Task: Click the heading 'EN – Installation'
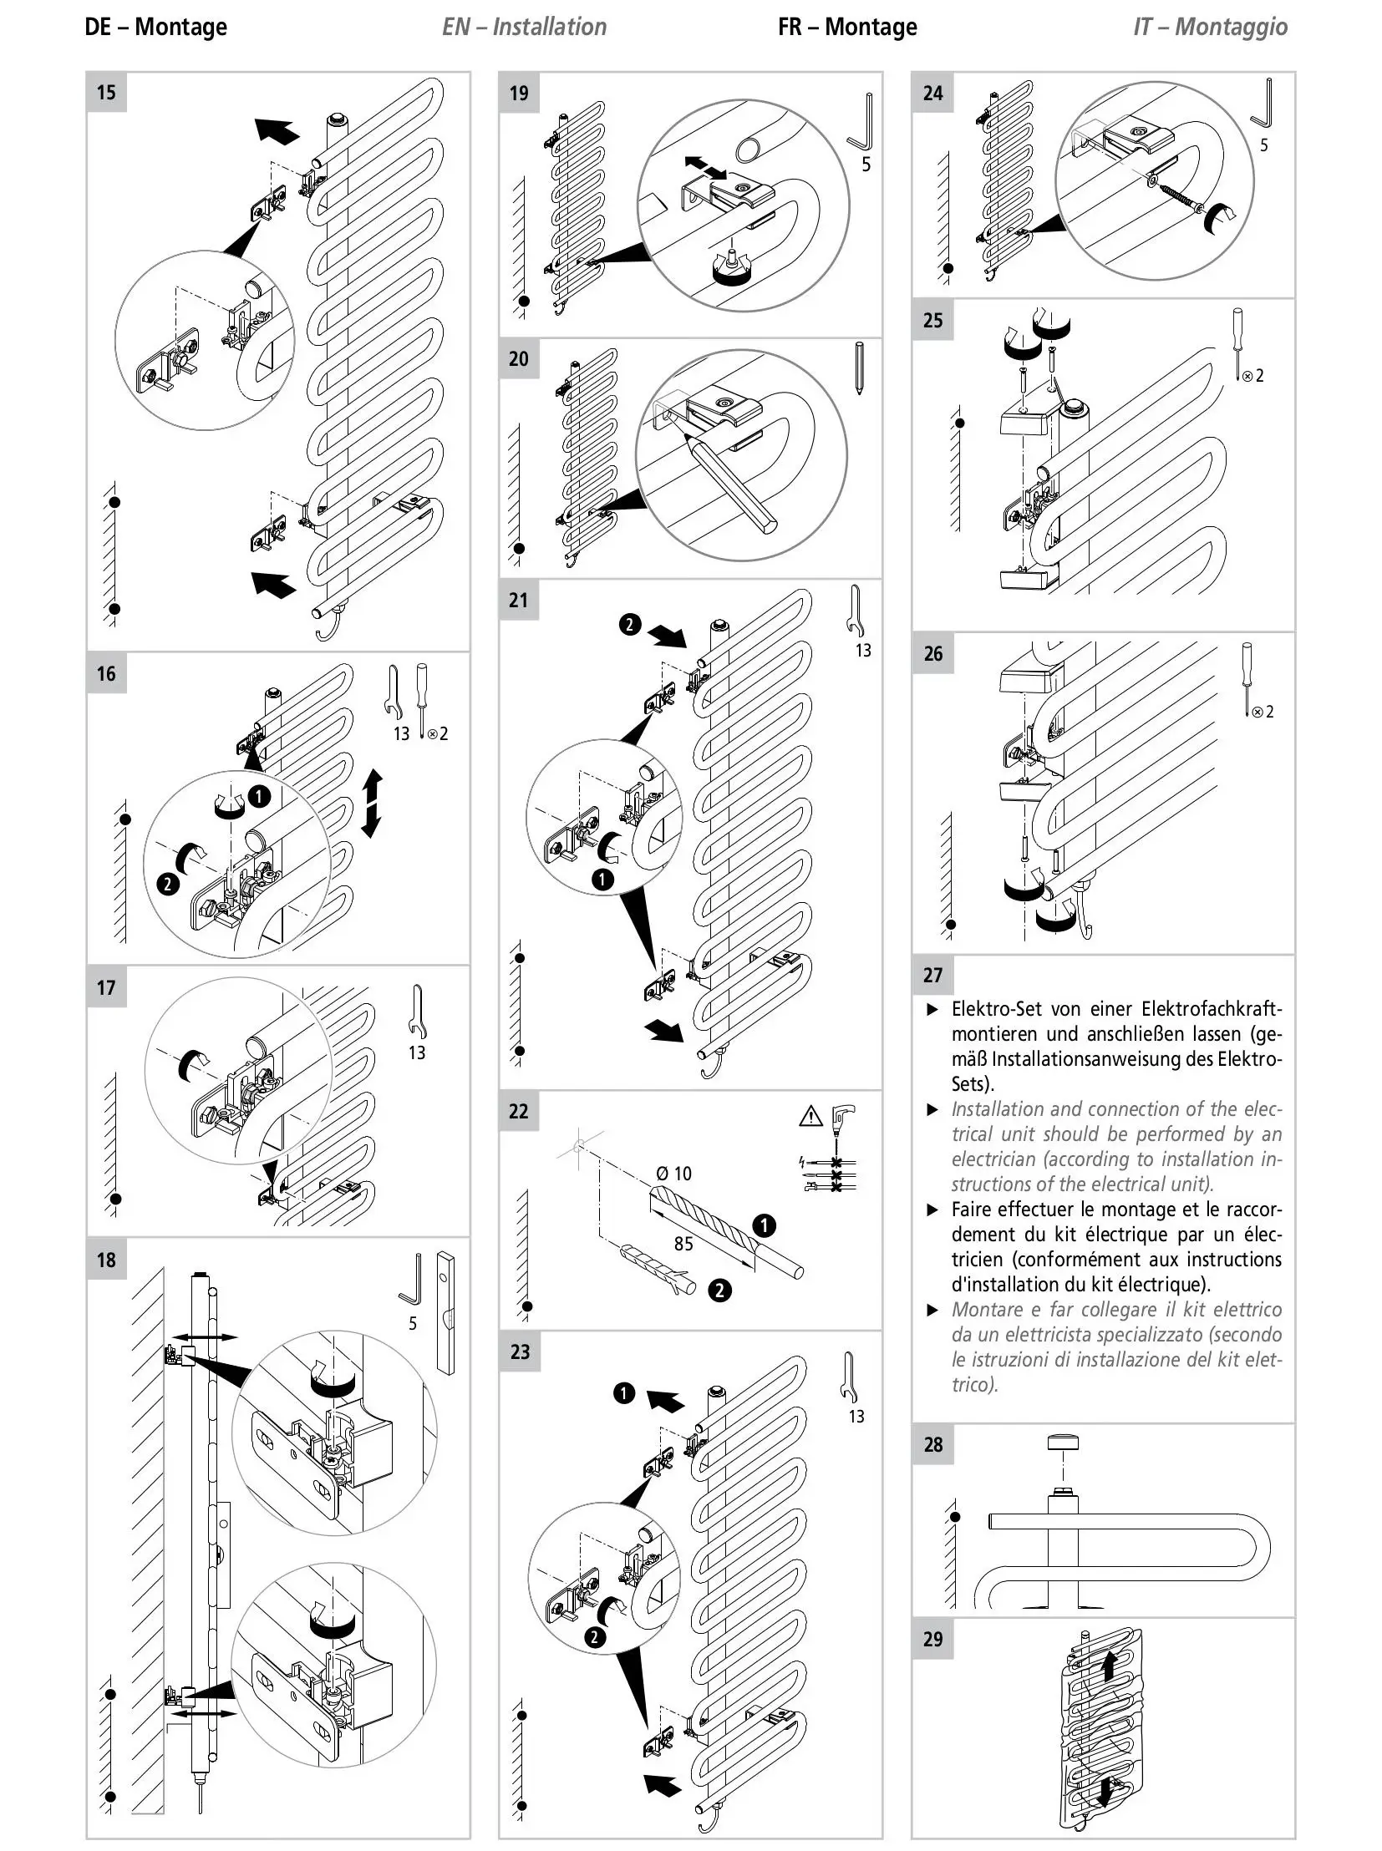click(x=525, y=27)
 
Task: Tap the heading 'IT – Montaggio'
click(x=1211, y=27)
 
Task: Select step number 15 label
click(x=106, y=92)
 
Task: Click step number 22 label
click(x=519, y=1111)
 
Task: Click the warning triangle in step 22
click(x=811, y=1116)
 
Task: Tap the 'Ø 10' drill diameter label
click(x=675, y=1174)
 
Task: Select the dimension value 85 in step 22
click(x=683, y=1244)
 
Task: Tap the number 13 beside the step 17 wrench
click(x=417, y=1052)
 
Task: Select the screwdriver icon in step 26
click(x=1247, y=679)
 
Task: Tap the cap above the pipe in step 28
click(x=1063, y=1442)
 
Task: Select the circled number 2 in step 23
click(x=595, y=1637)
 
